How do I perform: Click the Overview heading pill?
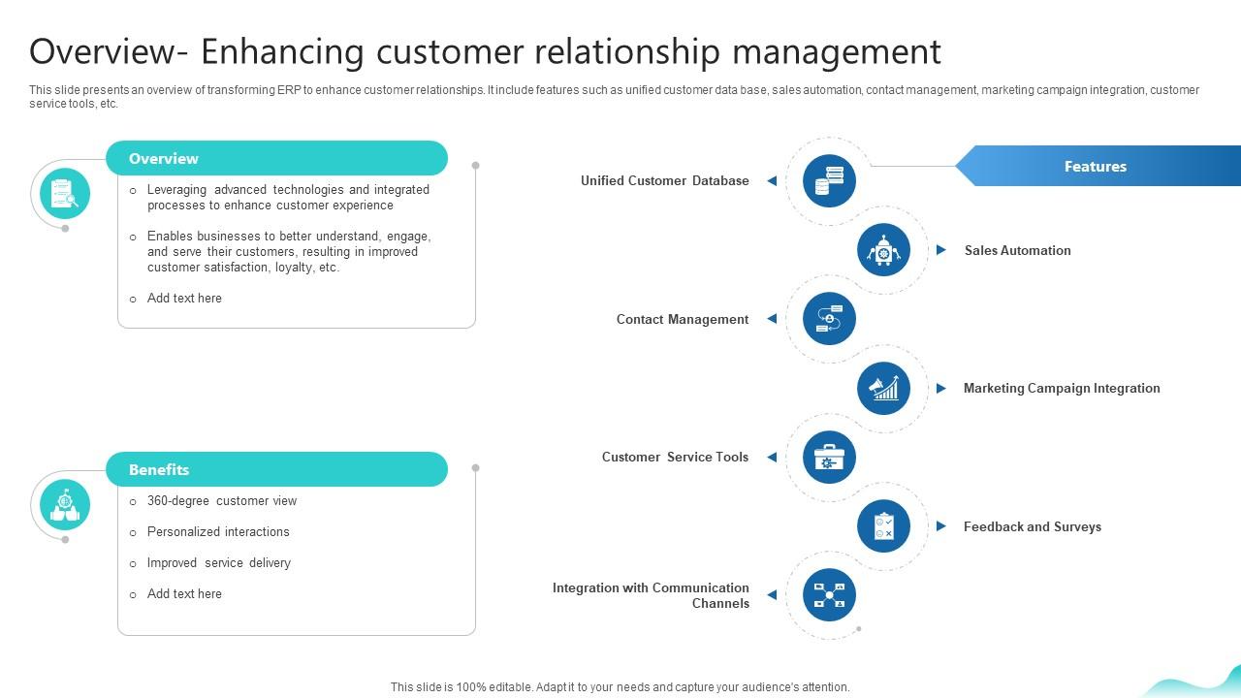(276, 159)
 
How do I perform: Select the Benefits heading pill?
(276, 469)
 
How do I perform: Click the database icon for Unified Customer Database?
(829, 180)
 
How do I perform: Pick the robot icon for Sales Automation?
(883, 250)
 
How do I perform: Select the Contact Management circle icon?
(829, 319)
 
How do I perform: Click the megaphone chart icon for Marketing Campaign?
(883, 388)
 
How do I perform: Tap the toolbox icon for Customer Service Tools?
(829, 457)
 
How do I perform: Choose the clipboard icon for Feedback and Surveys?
(883, 526)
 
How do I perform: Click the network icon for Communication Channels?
(829, 595)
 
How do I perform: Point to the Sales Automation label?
(1017, 250)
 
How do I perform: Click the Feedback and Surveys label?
(1032, 526)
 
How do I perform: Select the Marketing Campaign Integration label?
(1061, 388)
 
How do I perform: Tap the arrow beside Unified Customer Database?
(772, 180)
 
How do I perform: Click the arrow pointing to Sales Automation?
(940, 250)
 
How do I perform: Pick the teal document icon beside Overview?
(65, 193)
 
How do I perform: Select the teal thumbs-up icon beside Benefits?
(65, 505)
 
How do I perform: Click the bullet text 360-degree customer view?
(222, 501)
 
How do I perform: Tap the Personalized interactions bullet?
(218, 532)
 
